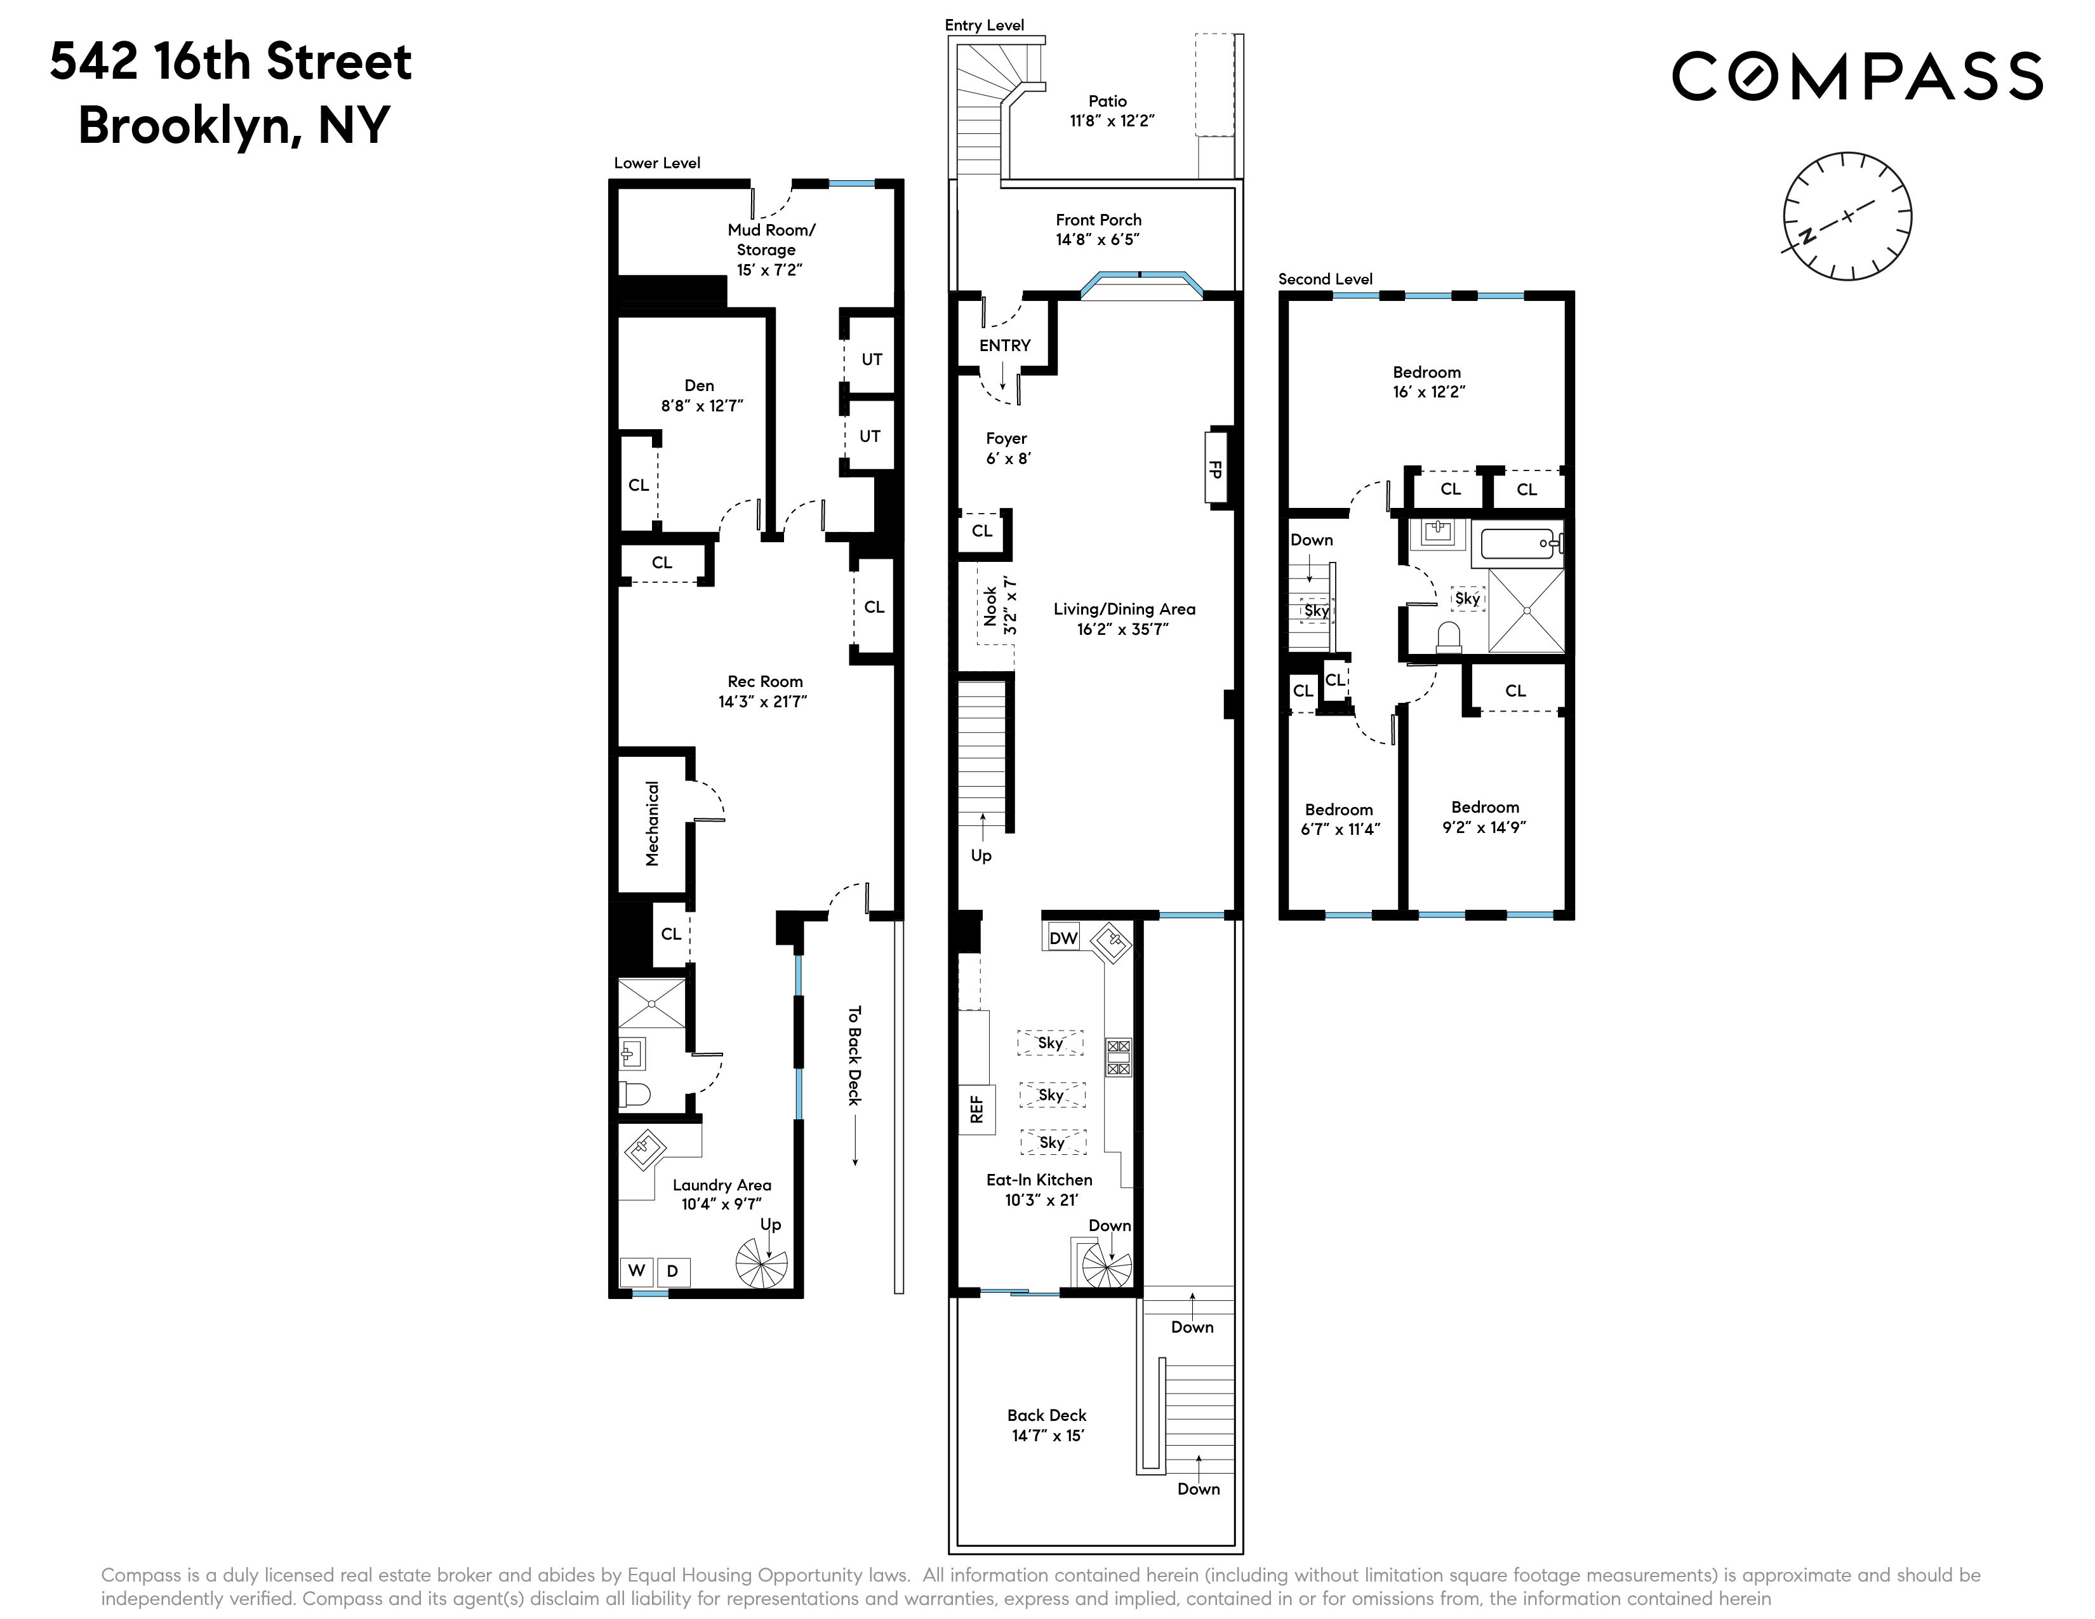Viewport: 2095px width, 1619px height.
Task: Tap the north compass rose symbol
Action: (x=1847, y=216)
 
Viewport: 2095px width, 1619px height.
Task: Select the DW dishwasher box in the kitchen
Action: (x=1063, y=938)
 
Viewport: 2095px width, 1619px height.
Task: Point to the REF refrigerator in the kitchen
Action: (x=976, y=1110)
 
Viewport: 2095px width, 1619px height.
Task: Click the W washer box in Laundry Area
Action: (x=636, y=1271)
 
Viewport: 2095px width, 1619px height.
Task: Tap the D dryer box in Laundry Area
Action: (x=672, y=1272)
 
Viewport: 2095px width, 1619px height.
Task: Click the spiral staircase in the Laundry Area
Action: (x=762, y=1262)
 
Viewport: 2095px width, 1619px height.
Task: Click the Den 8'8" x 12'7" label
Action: (x=700, y=395)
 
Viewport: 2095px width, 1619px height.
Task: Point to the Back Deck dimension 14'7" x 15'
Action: (x=1047, y=1436)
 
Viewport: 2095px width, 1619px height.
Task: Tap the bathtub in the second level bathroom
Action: (x=1521, y=544)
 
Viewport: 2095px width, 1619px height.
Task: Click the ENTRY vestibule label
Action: (x=1004, y=345)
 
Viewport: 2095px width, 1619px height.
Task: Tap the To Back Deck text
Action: (x=855, y=1055)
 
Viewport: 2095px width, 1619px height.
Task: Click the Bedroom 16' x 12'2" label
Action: (x=1427, y=382)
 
